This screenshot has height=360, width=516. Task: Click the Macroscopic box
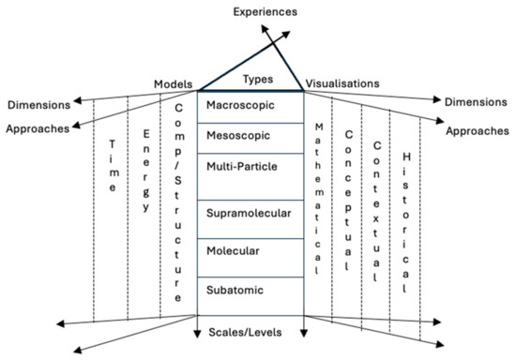pyautogui.click(x=250, y=105)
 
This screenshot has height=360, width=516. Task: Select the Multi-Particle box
pyautogui.click(x=250, y=166)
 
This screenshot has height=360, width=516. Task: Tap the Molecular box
pyautogui.click(x=250, y=252)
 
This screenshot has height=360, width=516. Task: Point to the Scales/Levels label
pyautogui.click(x=250, y=333)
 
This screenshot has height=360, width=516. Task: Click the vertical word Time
pyautogui.click(x=113, y=167)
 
